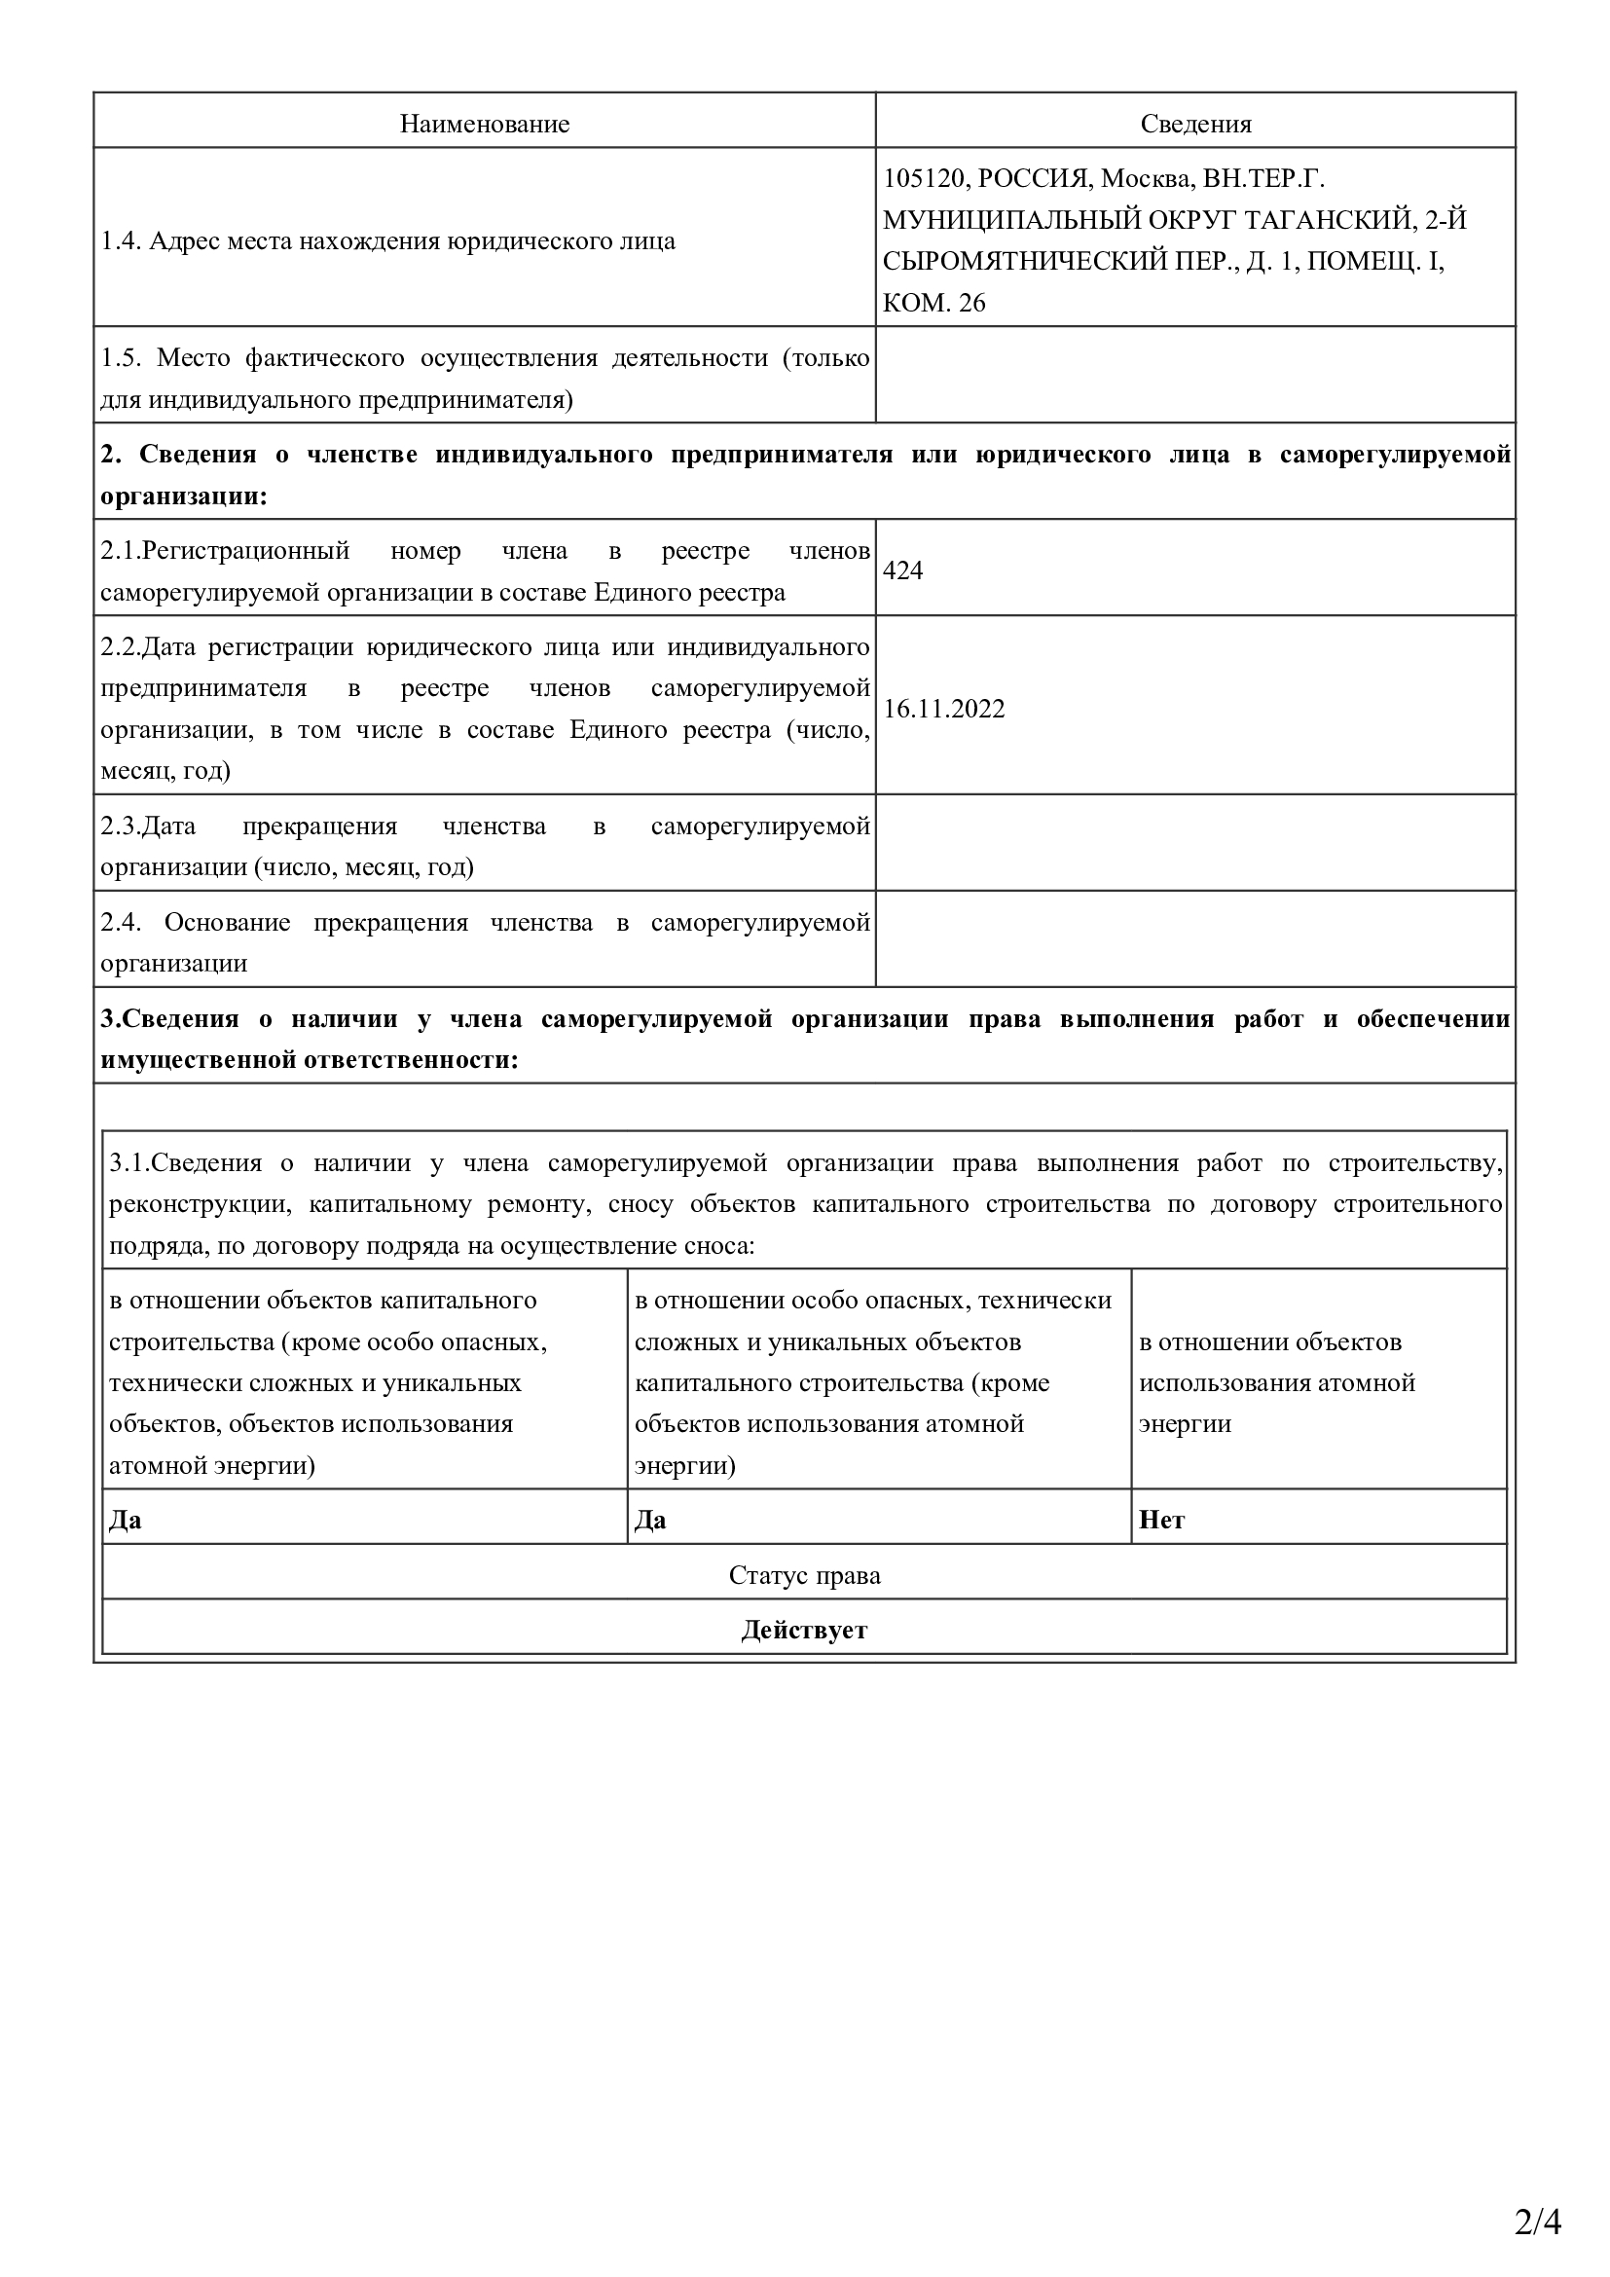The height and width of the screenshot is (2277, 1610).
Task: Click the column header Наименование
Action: coord(484,124)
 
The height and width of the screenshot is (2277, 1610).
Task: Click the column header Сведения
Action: coord(1194,124)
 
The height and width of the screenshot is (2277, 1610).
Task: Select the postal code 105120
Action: coord(923,178)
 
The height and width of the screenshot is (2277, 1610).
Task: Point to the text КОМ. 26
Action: coord(933,304)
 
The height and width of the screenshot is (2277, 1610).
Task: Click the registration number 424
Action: coord(903,570)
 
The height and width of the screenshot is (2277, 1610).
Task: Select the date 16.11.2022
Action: coord(944,709)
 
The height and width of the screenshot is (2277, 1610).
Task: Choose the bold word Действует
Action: coord(804,1631)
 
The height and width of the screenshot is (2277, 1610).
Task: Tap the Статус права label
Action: coord(804,1576)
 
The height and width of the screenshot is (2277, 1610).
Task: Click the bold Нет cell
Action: coord(1162,1521)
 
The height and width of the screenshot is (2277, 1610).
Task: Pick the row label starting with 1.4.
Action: coord(387,241)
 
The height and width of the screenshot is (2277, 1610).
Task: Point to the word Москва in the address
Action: coord(1145,178)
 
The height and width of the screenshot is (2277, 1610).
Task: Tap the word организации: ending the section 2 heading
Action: coord(184,496)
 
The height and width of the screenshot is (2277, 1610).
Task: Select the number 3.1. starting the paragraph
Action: coord(128,1163)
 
